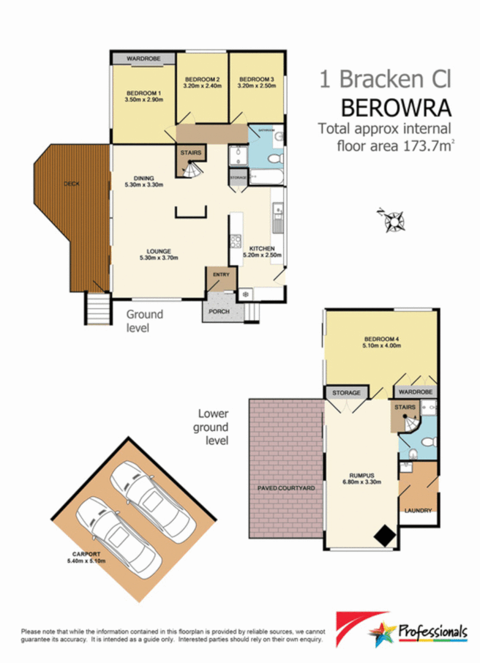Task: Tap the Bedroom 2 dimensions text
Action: [x=202, y=86]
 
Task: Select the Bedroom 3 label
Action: [x=256, y=79]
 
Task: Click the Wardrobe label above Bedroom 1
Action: [x=143, y=58]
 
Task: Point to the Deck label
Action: [x=71, y=184]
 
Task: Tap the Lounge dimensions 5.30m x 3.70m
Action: [x=158, y=257]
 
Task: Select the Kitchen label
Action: [x=262, y=248]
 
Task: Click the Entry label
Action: [x=221, y=274]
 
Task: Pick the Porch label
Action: [x=219, y=312]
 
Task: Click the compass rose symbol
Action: [x=392, y=220]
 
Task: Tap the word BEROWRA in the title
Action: [x=396, y=108]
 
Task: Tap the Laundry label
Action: [x=418, y=510]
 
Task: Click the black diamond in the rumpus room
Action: [x=385, y=536]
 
